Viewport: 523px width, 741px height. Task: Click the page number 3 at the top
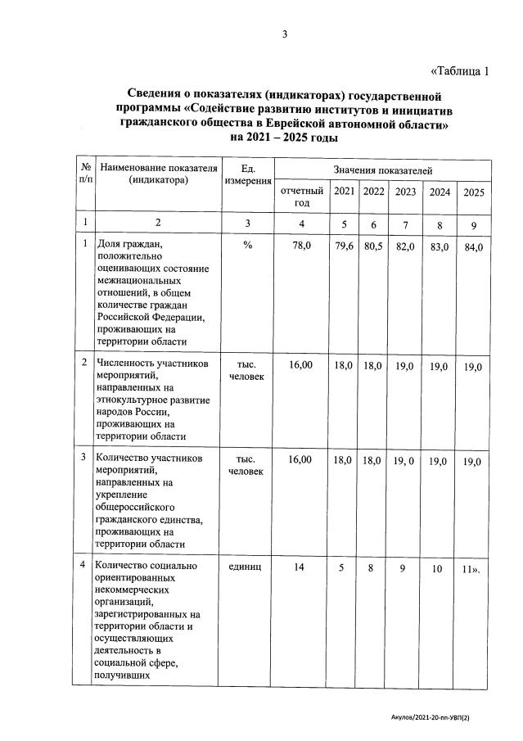pyautogui.click(x=284, y=34)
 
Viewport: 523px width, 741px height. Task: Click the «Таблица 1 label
pyautogui.click(x=458, y=70)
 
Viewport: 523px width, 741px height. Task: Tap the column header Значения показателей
pyautogui.click(x=383, y=169)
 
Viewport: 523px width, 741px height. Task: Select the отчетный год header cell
pyautogui.click(x=302, y=197)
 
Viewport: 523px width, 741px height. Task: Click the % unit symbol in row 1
pyautogui.click(x=247, y=245)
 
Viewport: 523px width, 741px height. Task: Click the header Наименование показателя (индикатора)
pyautogui.click(x=159, y=174)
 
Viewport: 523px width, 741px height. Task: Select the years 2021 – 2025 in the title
pyautogui.click(x=282, y=138)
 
